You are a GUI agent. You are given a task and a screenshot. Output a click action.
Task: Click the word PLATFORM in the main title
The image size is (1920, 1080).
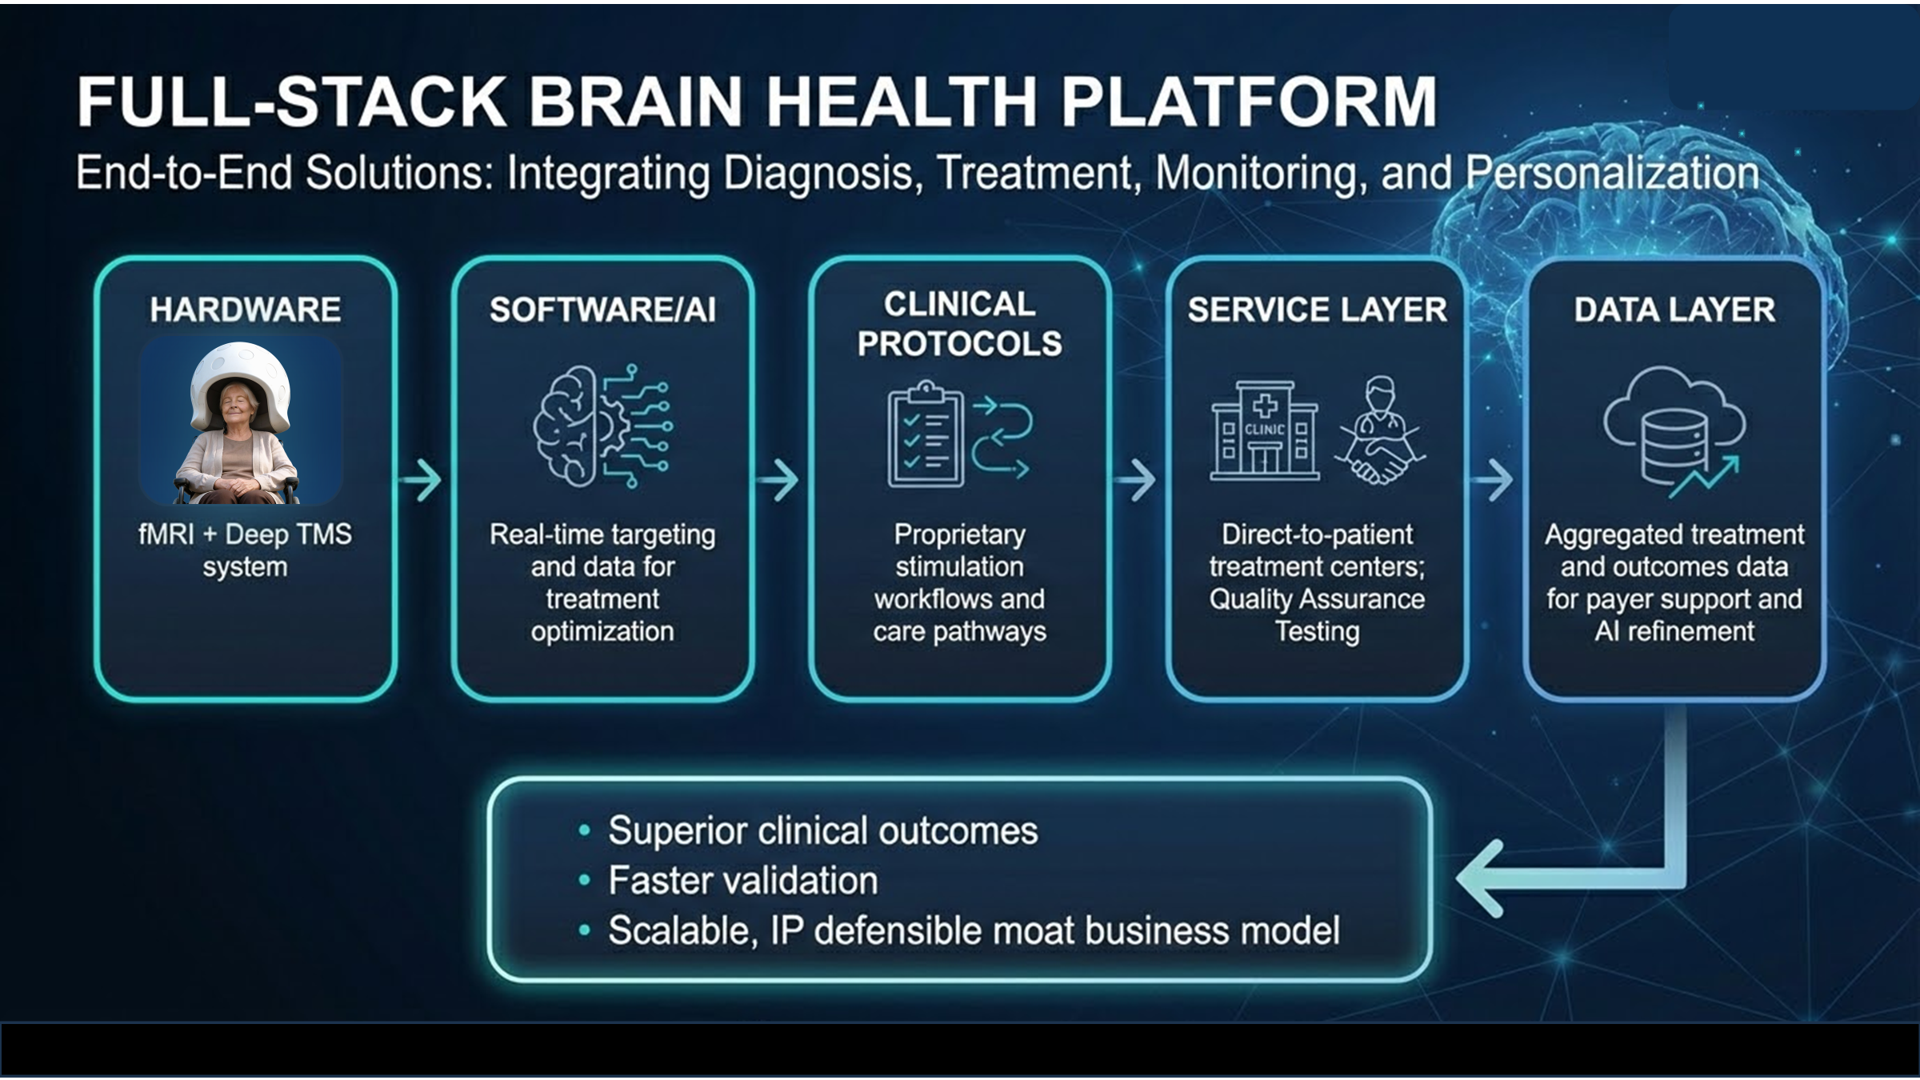pyautogui.click(x=1248, y=102)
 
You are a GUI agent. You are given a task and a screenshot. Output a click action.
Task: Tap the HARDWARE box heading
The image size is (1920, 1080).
pyautogui.click(x=245, y=310)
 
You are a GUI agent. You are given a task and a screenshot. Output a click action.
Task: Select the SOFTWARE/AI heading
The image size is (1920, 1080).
pyautogui.click(x=602, y=310)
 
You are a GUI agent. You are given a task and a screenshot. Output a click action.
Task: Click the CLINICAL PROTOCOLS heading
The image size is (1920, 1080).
pyautogui.click(x=959, y=324)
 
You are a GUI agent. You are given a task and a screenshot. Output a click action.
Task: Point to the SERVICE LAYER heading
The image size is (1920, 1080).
pyautogui.click(x=1317, y=310)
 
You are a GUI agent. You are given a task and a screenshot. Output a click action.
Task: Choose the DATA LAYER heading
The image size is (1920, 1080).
pyautogui.click(x=1674, y=310)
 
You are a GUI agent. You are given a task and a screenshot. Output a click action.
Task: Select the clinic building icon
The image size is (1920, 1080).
pyautogui.click(x=1264, y=432)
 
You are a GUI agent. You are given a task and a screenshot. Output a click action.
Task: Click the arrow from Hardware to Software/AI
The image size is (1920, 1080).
pyautogui.click(x=422, y=480)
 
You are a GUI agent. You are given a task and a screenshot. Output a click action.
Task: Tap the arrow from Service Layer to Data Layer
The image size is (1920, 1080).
pyautogui.click(x=1493, y=480)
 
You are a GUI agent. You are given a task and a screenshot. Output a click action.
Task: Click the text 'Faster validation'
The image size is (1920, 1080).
pyautogui.click(x=742, y=881)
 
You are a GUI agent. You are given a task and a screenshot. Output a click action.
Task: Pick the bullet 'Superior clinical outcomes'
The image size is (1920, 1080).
pyautogui.click(x=822, y=830)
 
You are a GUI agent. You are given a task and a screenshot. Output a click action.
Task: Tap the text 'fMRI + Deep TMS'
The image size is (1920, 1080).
pyautogui.click(x=245, y=534)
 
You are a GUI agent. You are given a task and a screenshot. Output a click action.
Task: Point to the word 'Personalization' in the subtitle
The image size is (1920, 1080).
pyautogui.click(x=1612, y=173)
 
